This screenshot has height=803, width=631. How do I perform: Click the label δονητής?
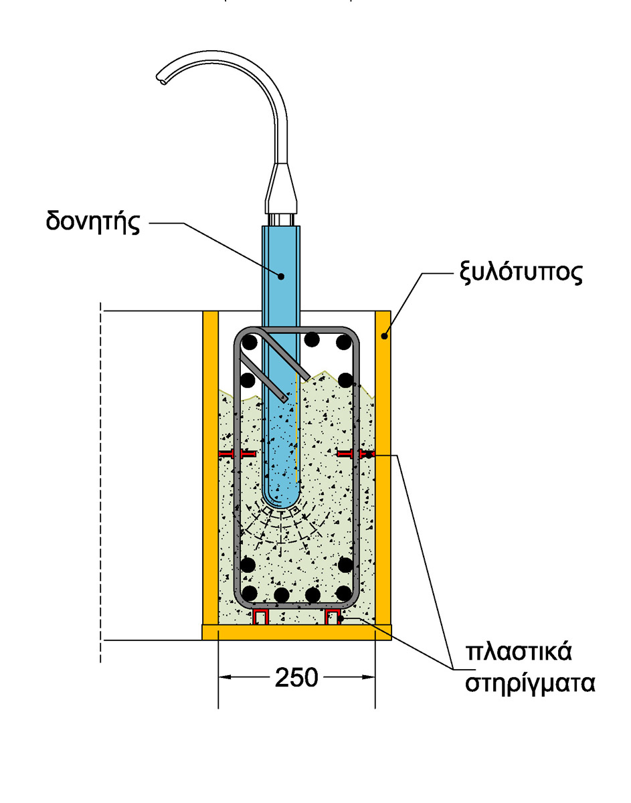pyautogui.click(x=93, y=221)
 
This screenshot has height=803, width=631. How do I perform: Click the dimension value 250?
pyautogui.click(x=296, y=678)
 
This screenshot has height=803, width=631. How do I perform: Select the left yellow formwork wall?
pyautogui.click(x=210, y=468)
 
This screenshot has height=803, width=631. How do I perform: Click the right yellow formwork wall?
pyautogui.click(x=383, y=468)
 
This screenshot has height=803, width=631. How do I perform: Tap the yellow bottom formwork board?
pyautogui.click(x=296, y=632)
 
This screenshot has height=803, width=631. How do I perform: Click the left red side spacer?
pyautogui.click(x=238, y=454)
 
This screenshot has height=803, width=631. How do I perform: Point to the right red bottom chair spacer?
pyautogui.click(x=333, y=616)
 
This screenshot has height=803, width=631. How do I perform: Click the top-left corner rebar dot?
pyautogui.click(x=250, y=343)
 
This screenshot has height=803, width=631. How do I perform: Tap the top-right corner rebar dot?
pyautogui.click(x=343, y=343)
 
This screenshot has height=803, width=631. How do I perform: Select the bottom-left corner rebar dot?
pyautogui.click(x=249, y=593)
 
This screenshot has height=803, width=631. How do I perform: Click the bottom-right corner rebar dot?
pyautogui.click(x=344, y=593)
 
